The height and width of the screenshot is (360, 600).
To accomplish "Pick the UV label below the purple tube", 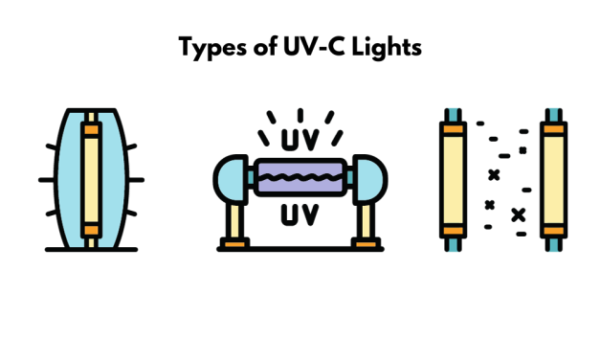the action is (300, 214).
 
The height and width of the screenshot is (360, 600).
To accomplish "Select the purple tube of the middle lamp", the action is (300, 179).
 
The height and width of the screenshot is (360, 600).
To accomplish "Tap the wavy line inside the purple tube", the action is (300, 179).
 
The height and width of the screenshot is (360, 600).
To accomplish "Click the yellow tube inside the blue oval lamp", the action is (91, 179).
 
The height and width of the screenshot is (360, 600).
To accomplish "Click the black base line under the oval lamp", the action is (91, 250).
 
